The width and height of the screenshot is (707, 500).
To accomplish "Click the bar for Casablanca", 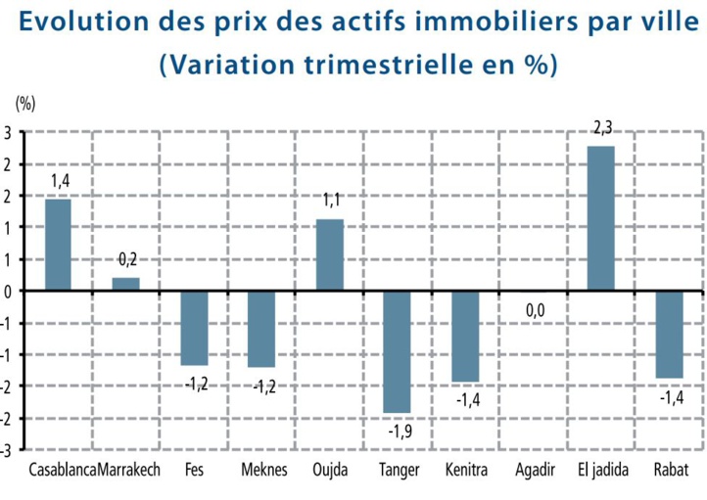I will pos(58,245).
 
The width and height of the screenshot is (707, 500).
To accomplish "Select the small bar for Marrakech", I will pos(125,284).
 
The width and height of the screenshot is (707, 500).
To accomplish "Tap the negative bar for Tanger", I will pos(397,351).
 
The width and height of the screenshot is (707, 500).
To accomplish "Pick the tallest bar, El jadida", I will pos(600,218).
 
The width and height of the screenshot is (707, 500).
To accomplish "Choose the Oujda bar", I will pos(329,254).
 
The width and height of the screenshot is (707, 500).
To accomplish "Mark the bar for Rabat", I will pos(670,334).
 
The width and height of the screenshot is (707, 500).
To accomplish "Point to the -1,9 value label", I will pos(399,431).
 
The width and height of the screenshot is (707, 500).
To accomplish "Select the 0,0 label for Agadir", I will pos(534,310).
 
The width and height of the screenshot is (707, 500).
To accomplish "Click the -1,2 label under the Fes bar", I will pos(196,384).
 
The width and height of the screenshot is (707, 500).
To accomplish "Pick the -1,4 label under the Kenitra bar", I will pos(466,399).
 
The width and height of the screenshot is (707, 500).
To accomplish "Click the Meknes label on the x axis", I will pos(264,470).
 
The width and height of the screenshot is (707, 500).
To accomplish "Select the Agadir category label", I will pos(535,470).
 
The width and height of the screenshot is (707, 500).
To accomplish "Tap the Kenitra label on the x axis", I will pos(466,470).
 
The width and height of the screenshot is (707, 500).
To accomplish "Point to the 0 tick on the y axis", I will pos(7,291).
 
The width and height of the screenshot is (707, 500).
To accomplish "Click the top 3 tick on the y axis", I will pos(7,132).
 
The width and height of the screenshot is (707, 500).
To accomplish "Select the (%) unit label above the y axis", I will pos(24,102).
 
